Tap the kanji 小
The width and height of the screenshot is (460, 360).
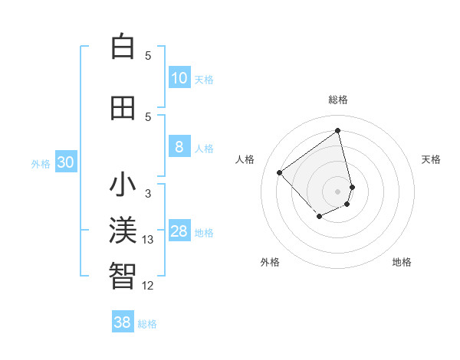coord(123,185)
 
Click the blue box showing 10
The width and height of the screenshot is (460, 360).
coord(179,78)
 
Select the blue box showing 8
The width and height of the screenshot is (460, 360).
coord(179,147)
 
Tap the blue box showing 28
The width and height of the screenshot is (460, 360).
coord(179,231)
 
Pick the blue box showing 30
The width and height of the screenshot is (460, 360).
coord(65,162)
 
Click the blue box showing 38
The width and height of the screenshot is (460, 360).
coord(122,322)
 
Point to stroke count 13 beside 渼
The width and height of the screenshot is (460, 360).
coord(148,240)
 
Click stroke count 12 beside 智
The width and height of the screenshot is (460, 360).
coord(148,286)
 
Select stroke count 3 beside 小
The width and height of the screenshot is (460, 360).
coord(148,194)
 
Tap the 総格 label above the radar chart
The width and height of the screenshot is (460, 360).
coord(338,100)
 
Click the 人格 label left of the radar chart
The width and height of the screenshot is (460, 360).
coord(245,159)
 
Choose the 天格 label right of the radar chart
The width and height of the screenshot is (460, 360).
coord(431,159)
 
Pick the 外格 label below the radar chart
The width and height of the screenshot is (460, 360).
coord(270,262)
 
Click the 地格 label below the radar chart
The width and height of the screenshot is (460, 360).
coord(402,262)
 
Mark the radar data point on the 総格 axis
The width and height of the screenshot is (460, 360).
coord(338,130)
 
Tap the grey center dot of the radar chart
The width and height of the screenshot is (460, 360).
coord(338,191)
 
